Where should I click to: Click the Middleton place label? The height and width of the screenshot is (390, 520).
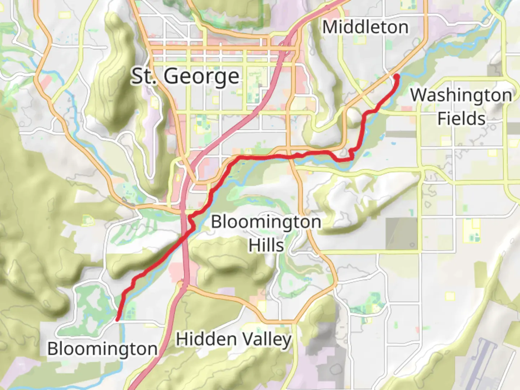365,27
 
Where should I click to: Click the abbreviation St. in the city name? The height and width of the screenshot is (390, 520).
144,76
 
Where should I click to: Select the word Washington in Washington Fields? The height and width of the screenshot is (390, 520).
461,95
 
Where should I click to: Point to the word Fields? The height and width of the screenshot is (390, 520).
461,119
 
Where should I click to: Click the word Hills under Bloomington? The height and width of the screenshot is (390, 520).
266,245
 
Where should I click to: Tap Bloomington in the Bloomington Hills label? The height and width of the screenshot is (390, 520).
266,222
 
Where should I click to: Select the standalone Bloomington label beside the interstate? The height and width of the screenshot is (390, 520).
102,349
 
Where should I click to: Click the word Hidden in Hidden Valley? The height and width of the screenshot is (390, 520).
206,339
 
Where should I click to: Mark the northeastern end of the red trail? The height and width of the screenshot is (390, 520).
396,76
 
